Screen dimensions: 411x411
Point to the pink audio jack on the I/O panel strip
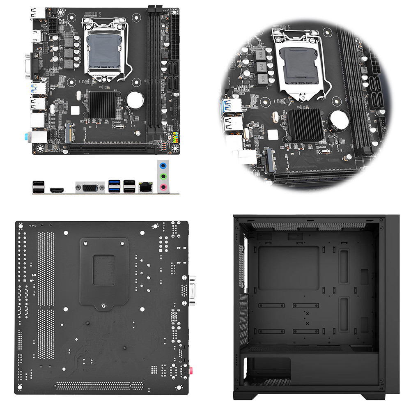pyautogui.click(x=163, y=187)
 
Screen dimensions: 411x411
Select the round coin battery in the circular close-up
pyautogui.click(x=338, y=120)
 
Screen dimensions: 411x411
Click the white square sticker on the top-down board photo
pyautogui.click(x=75, y=110)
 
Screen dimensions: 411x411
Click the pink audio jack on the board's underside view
pyautogui.click(x=190, y=370)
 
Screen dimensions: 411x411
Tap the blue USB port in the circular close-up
pyautogui.click(x=230, y=106)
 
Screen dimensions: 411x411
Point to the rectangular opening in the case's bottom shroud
pyautogui.click(x=267, y=371)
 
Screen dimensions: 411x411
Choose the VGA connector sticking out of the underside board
pyautogui.click(x=193, y=289)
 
